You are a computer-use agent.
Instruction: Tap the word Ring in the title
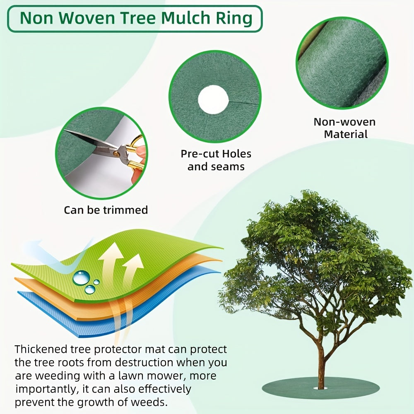(x=236, y=18)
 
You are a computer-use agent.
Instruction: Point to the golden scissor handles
(x=135, y=155)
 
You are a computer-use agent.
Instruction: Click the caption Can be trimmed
(x=106, y=210)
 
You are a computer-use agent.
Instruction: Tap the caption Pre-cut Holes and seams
(x=216, y=160)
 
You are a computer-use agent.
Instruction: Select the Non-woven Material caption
(x=344, y=128)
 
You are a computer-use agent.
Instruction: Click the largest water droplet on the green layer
(x=82, y=277)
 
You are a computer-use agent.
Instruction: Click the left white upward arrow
(x=110, y=259)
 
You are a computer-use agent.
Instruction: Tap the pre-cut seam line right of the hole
(x=244, y=99)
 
